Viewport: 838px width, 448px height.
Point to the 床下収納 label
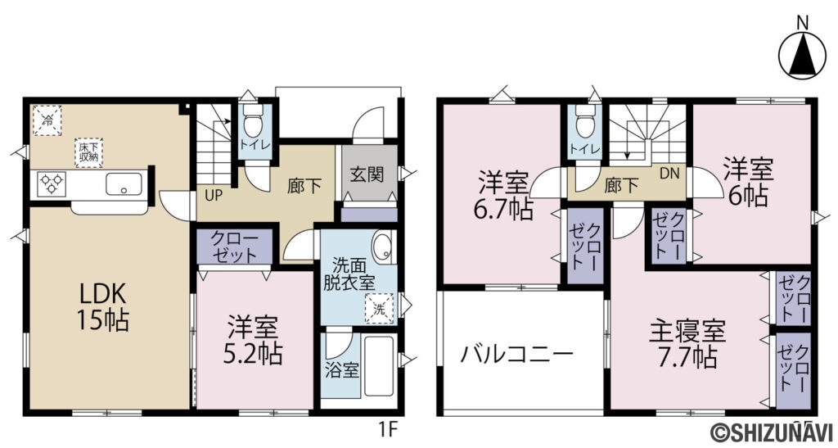pyautogui.click(x=88, y=151)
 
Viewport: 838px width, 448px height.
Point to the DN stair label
pyautogui.click(x=669, y=174)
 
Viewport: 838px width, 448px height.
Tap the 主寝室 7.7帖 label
pyautogui.click(x=687, y=344)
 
